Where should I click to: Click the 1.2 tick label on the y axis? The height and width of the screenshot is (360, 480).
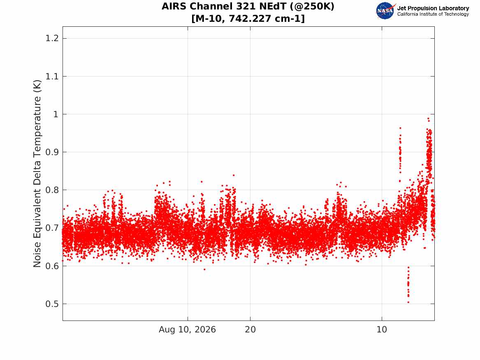52,38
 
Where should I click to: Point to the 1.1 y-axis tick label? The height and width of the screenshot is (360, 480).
52,76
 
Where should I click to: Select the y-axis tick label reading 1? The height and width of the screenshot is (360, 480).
56,114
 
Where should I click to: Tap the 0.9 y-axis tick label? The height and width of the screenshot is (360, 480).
52,152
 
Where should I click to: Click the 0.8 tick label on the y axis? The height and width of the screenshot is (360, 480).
52,190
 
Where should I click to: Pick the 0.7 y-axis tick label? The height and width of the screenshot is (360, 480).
52,228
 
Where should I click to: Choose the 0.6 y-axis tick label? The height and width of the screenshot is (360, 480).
52,266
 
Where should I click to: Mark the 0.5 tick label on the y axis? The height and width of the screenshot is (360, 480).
52,304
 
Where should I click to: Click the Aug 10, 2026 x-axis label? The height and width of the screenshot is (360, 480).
187,330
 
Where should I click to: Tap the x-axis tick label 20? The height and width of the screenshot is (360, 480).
250,330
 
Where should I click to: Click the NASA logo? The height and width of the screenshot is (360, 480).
385,11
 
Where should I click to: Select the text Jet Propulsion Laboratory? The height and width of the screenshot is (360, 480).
433,8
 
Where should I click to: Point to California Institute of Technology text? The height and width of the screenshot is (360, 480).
433,14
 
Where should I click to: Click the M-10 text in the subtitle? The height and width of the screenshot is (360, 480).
210,19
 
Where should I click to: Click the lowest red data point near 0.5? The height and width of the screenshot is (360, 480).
408,302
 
